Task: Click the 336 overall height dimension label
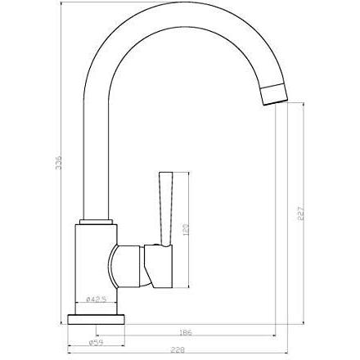click(59, 163)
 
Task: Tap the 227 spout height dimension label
click(300, 212)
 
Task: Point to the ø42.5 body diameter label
click(96, 299)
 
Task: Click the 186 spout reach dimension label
click(187, 332)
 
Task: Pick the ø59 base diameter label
click(96, 343)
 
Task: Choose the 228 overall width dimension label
click(178, 350)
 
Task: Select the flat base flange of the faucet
click(96, 319)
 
